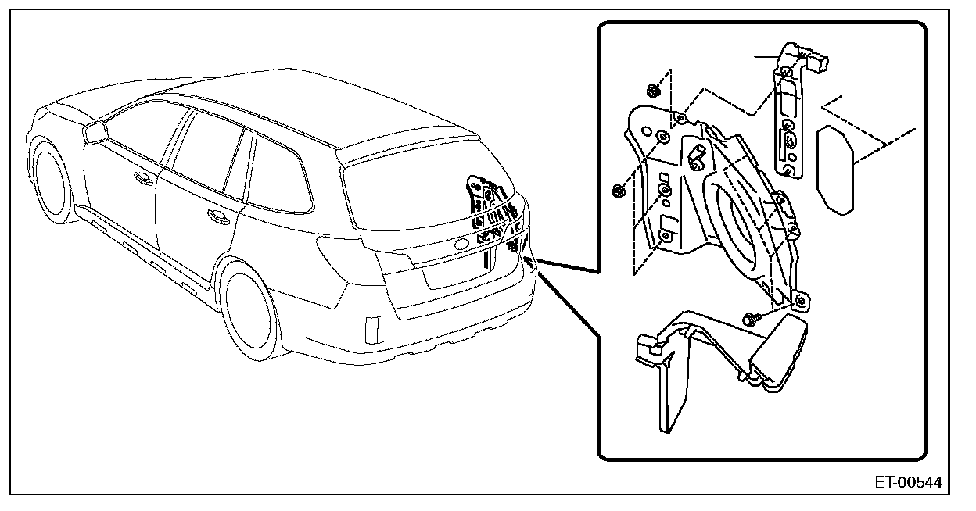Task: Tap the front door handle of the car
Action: pos(143,179)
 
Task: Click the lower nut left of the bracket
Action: pos(618,189)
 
